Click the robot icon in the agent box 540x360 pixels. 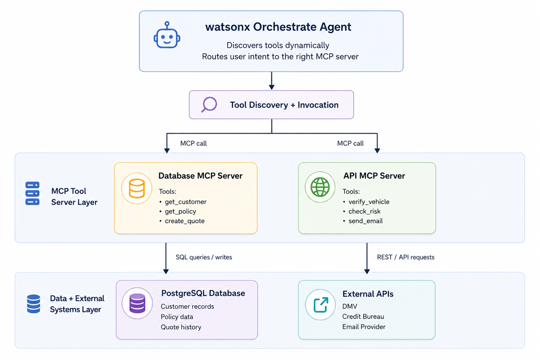167,35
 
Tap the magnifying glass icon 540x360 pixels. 209,105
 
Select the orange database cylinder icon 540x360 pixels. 137,189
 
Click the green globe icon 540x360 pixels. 320,187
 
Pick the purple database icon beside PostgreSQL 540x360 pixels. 137,303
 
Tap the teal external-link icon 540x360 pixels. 320,305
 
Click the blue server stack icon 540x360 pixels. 32,193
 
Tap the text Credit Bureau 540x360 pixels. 363,317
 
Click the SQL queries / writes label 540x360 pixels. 204,257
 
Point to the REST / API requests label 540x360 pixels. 406,257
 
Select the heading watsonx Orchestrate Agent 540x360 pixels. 278,27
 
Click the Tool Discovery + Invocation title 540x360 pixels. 284,105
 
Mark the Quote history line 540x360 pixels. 181,327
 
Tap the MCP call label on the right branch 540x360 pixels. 350,144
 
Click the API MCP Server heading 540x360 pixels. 374,176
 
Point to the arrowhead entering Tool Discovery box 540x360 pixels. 272,87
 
